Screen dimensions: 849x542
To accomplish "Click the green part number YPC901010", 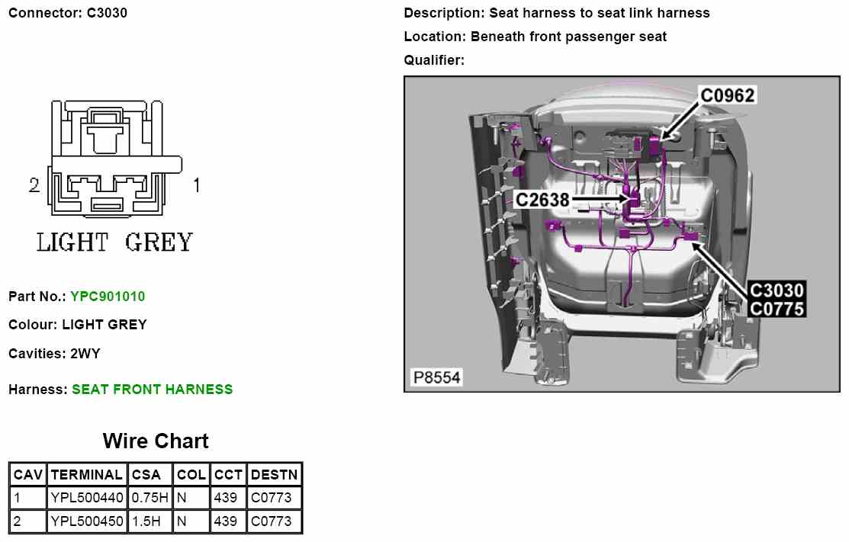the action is [108, 297].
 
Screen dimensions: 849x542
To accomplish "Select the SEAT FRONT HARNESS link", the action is [153, 390].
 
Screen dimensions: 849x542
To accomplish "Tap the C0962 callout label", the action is [728, 95].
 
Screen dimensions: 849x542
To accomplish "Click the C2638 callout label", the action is [542, 200].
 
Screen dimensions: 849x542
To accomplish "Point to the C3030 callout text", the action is [777, 290].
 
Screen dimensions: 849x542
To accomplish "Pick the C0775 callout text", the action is [777, 309].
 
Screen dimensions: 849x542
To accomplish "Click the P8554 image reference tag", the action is [436, 377].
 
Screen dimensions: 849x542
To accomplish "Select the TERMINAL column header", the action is [86, 474].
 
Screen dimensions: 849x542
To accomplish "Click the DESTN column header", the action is [275, 474].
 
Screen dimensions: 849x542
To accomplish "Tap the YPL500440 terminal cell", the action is [86, 498].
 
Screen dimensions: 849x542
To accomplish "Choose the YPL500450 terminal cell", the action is [86, 521].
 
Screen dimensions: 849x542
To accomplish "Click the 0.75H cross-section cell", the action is [150, 498].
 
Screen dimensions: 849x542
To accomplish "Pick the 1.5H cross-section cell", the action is [146, 521].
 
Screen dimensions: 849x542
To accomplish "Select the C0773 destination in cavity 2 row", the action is [271, 521].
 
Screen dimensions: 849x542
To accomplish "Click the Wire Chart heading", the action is [156, 441].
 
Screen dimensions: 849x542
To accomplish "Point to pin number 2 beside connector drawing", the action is [34, 185].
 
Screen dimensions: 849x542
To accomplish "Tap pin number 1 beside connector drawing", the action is [196, 185].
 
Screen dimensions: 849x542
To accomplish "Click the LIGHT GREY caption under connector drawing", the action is [115, 242].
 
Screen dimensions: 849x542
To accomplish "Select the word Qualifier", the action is [433, 60].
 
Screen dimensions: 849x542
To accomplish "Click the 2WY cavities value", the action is [85, 354].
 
